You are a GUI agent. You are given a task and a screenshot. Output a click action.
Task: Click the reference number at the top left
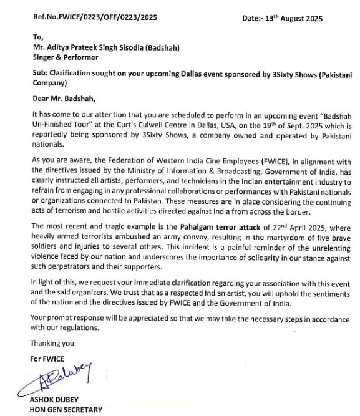[87, 17]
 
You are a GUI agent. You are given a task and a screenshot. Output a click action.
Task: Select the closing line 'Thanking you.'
[54, 343]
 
